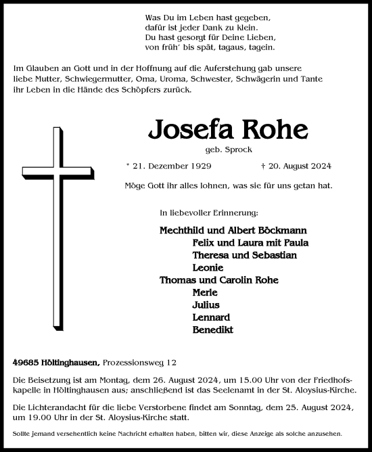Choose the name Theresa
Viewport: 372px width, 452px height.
pyautogui.click(x=210, y=255)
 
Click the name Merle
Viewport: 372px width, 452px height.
pyautogui.click(x=204, y=292)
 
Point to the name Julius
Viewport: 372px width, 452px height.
pyautogui.click(x=205, y=304)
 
